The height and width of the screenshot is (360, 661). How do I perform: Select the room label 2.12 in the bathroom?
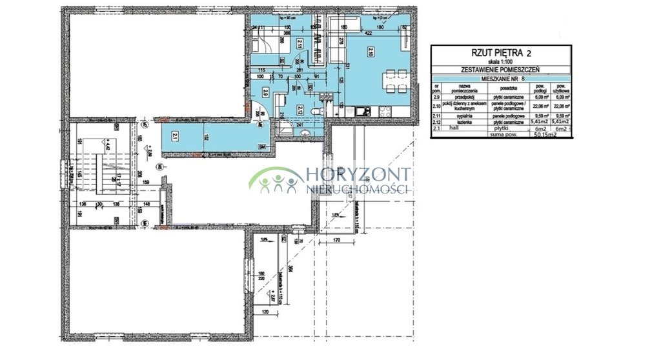pos(301,109)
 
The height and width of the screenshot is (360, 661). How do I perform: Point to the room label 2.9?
pos(265,92)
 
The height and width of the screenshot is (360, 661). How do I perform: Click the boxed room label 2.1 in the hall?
pos(176,135)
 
